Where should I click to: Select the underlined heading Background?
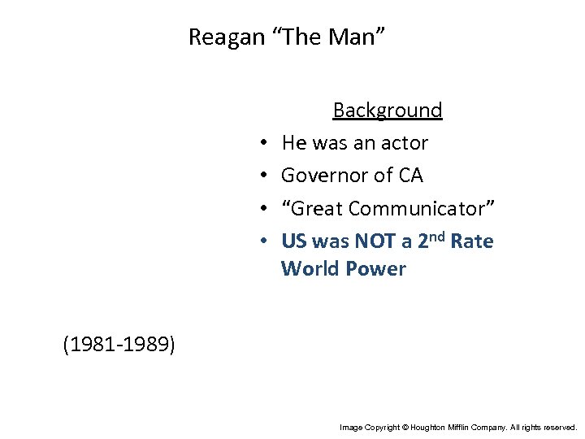[x=388, y=111]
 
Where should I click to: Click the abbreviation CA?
[x=410, y=176]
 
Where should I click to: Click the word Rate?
[x=472, y=241]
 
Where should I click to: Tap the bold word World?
[x=308, y=269]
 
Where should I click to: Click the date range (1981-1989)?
[x=119, y=345]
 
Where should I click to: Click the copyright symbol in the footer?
[x=404, y=426]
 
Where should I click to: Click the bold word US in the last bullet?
[x=294, y=241]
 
